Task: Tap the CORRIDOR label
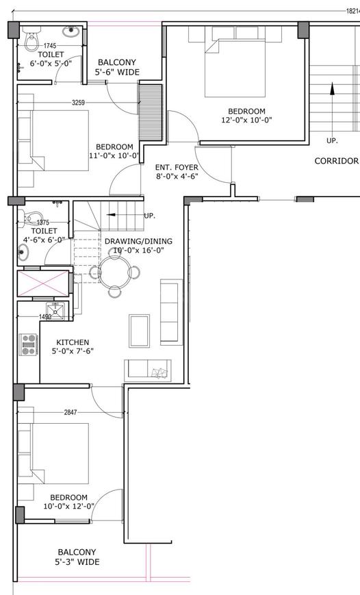tap(337, 161)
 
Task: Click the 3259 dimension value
tap(78, 103)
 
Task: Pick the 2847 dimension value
tap(70, 412)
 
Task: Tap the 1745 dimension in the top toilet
tap(50, 46)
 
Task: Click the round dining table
tap(114, 272)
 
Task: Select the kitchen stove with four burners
tap(29, 344)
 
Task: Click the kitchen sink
tap(55, 311)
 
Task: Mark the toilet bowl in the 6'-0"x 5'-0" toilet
tap(33, 40)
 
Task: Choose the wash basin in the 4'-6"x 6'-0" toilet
tap(23, 251)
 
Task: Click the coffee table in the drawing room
tap(139, 331)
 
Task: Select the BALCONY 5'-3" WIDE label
tap(77, 557)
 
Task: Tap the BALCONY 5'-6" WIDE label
tap(117, 67)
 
